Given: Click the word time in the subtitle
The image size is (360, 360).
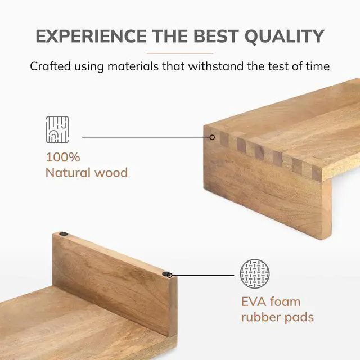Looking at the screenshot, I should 317,66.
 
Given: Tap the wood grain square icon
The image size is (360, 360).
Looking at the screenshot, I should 57,130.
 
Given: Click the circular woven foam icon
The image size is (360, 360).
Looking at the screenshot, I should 255,274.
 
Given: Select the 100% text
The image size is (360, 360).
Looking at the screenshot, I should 62,156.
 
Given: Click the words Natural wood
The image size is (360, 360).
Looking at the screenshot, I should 86,172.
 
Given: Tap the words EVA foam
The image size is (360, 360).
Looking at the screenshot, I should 271,301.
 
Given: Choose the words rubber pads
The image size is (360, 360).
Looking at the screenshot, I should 277,317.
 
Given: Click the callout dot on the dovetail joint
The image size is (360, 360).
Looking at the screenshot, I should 212,137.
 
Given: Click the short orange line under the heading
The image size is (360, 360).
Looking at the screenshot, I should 179,53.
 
